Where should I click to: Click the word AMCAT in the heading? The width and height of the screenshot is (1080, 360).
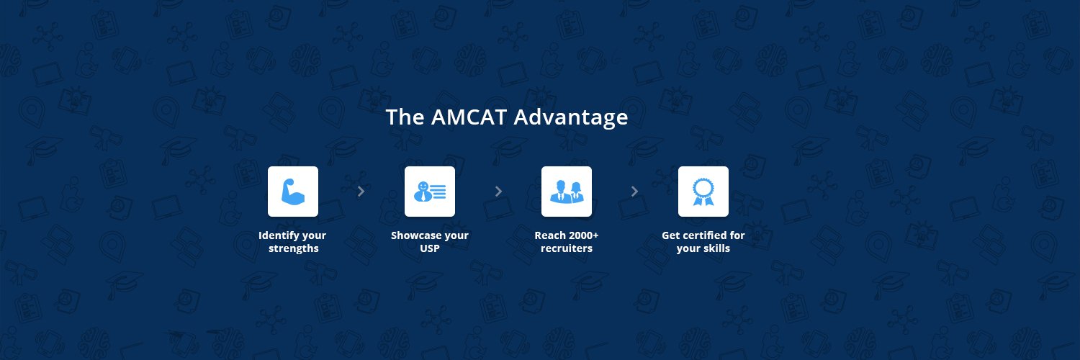[469, 117]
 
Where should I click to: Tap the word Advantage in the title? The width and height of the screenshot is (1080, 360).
[571, 117]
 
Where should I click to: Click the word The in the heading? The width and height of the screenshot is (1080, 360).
[405, 117]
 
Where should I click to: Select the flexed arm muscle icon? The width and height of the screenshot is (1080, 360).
[293, 192]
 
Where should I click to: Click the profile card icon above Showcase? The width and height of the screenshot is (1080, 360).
[430, 192]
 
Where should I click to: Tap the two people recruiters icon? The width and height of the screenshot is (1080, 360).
[567, 192]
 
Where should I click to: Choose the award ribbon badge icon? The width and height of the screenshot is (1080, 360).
[703, 192]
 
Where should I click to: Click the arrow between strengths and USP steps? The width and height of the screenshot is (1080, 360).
[361, 192]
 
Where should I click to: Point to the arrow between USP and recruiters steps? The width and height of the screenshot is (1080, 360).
[498, 192]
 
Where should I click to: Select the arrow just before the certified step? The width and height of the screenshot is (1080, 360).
[634, 192]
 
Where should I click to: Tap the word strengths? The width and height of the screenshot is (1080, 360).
[293, 248]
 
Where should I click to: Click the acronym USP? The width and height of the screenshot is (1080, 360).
[430, 248]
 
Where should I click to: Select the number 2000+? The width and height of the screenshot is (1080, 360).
[582, 235]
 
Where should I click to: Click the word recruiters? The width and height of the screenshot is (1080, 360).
[567, 248]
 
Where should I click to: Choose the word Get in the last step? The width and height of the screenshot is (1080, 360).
[671, 235]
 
